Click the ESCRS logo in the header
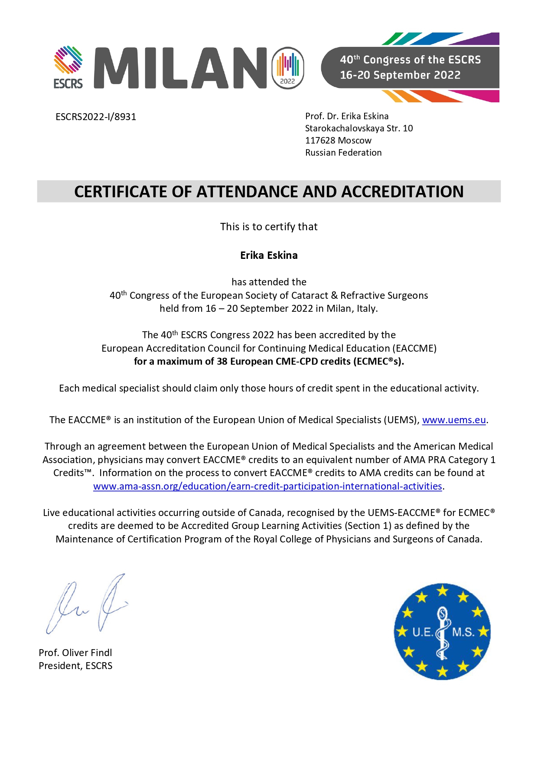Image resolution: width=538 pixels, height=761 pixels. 68,67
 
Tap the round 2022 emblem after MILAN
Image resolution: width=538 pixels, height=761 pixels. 288,68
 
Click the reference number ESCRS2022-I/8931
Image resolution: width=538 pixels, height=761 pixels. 96,117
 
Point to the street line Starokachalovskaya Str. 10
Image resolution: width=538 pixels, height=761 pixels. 359,128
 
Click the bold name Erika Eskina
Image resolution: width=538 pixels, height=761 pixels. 269,255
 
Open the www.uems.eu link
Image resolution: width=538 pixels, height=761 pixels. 453,420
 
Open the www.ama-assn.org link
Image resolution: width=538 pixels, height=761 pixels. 267,487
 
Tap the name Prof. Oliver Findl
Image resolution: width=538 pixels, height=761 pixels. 75,653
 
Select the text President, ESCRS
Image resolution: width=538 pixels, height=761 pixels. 75,666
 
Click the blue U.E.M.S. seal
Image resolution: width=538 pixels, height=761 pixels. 442,631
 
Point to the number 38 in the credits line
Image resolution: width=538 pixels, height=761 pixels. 222,362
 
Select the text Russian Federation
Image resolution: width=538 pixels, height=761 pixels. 343,153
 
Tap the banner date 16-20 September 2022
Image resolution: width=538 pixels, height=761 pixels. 400,75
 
